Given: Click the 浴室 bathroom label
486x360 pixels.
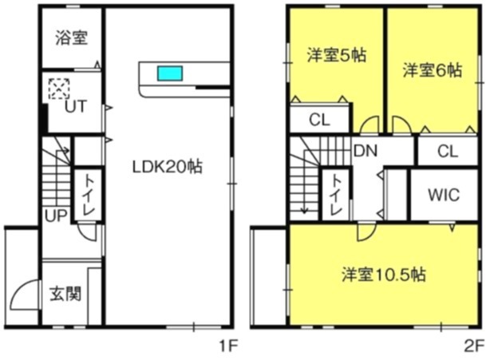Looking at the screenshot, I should click(72, 38).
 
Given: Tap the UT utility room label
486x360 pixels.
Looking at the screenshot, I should click(77, 105).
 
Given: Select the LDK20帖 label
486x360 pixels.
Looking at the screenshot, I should click(167, 168).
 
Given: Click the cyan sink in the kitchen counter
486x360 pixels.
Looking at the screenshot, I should click(170, 73).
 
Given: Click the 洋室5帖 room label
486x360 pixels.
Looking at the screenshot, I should click(334, 57).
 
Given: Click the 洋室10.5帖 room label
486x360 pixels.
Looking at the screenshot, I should click(383, 275).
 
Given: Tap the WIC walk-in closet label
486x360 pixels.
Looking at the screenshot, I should click(443, 196).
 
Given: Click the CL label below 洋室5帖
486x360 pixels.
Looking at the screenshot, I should click(319, 121).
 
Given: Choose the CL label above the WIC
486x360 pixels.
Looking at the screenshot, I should click(448, 151).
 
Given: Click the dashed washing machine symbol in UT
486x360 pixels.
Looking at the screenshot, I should click(58, 88).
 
